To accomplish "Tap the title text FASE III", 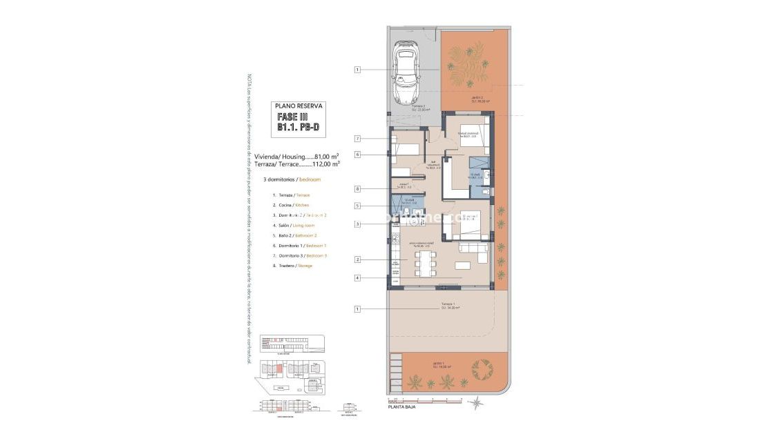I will (x=297, y=117).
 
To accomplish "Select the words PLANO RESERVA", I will (x=299, y=106).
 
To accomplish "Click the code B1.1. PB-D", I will (x=298, y=128).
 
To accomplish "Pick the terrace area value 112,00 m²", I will (x=325, y=164).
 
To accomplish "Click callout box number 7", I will (x=357, y=139).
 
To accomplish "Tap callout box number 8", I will (x=357, y=188).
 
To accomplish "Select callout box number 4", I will (x=357, y=278).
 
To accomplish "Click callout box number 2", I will (x=357, y=259).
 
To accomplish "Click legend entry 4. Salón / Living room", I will (x=294, y=226).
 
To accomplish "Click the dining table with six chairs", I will (x=425, y=262).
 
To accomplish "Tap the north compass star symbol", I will (x=474, y=402).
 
